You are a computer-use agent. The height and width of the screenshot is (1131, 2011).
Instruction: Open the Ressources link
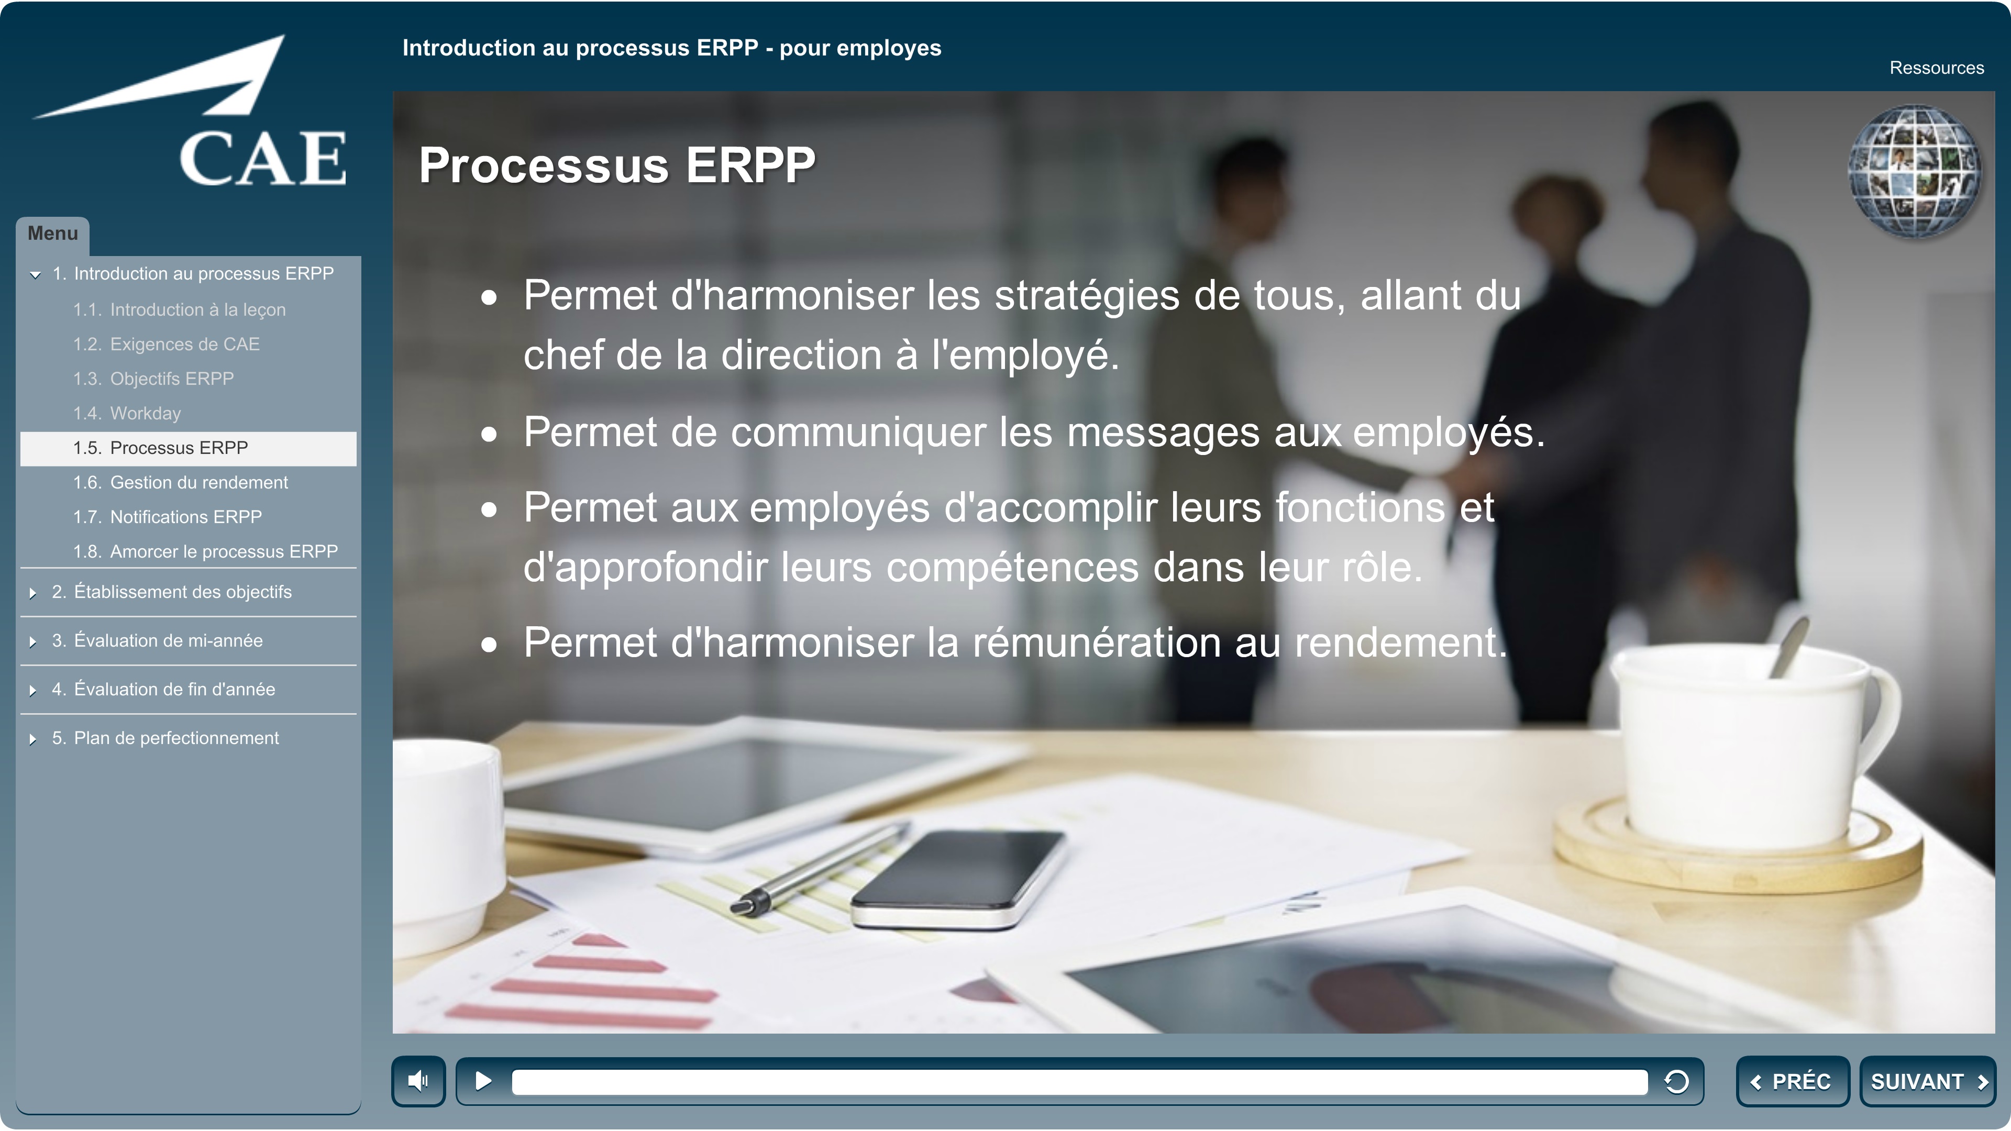1936,68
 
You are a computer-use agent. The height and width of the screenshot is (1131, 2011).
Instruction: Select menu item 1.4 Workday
127,413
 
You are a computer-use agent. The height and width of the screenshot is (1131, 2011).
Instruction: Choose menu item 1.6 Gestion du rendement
180,482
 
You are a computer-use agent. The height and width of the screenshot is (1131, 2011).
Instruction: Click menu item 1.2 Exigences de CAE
167,344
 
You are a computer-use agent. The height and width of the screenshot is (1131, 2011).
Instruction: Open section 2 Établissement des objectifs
172,592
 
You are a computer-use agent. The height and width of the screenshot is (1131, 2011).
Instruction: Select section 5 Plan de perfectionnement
165,738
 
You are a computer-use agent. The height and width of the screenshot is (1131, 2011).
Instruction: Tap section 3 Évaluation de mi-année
157,641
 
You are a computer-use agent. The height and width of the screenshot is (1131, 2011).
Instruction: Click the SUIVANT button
1927,1081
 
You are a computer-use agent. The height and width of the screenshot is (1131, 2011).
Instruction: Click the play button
483,1081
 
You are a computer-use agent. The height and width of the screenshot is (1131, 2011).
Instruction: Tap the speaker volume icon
418,1081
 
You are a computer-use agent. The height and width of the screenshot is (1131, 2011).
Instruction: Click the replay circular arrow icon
1676,1081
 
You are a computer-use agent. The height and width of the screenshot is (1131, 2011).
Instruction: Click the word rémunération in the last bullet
1097,642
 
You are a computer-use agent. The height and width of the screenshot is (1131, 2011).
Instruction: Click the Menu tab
52,234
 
